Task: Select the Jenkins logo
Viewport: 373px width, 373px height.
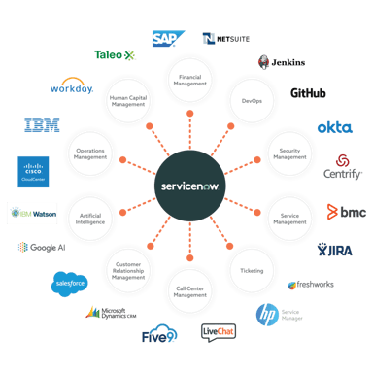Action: click(281, 62)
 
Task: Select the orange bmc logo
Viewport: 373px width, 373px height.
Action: click(344, 211)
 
